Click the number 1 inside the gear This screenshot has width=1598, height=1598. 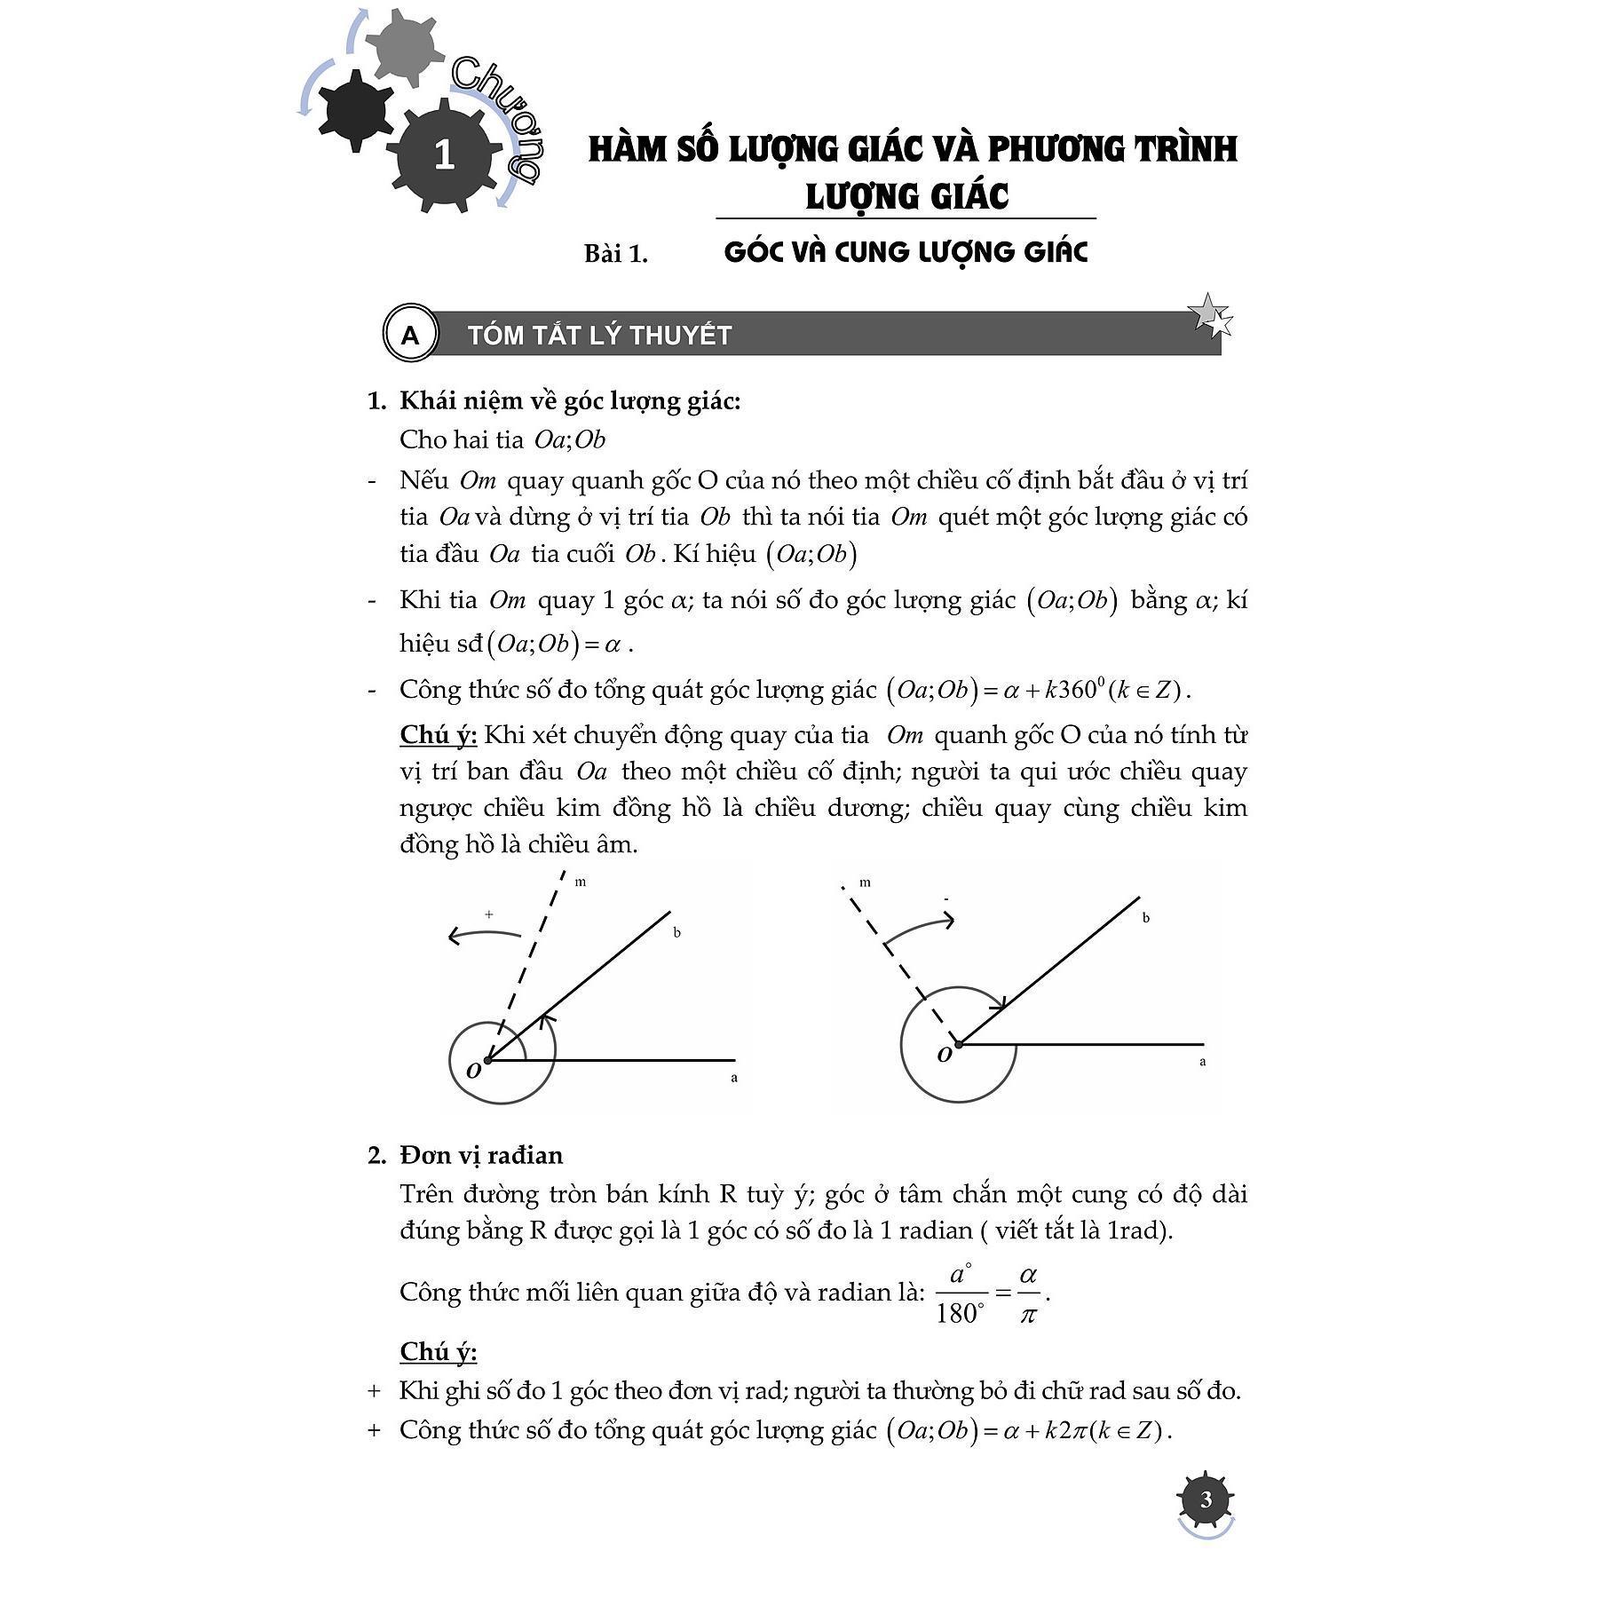point(444,155)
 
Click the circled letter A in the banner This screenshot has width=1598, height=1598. point(409,335)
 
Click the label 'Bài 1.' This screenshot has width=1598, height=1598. point(615,254)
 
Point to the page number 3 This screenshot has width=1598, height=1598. point(1205,1499)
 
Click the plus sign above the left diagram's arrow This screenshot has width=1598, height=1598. point(489,914)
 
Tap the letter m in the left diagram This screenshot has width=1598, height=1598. point(581,882)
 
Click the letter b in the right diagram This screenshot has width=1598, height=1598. point(1145,918)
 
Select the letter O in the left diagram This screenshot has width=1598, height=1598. point(474,1070)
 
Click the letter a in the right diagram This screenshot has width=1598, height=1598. point(1202,1062)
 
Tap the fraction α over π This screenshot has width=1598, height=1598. point(1028,1294)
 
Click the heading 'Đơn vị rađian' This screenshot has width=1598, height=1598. point(481,1155)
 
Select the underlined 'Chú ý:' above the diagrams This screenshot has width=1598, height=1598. point(439,735)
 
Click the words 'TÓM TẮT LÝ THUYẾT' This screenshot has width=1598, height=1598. point(599,336)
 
